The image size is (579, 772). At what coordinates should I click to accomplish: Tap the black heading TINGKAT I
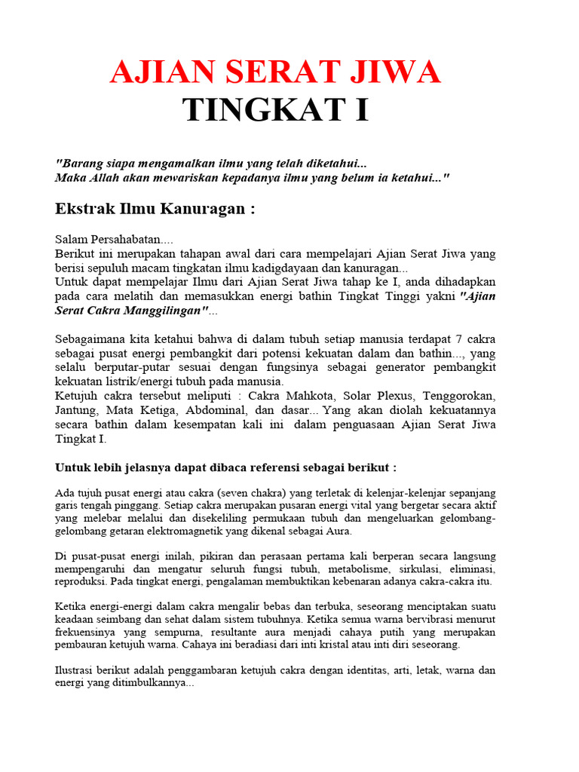275,110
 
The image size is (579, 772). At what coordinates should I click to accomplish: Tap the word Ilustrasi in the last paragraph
78,670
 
